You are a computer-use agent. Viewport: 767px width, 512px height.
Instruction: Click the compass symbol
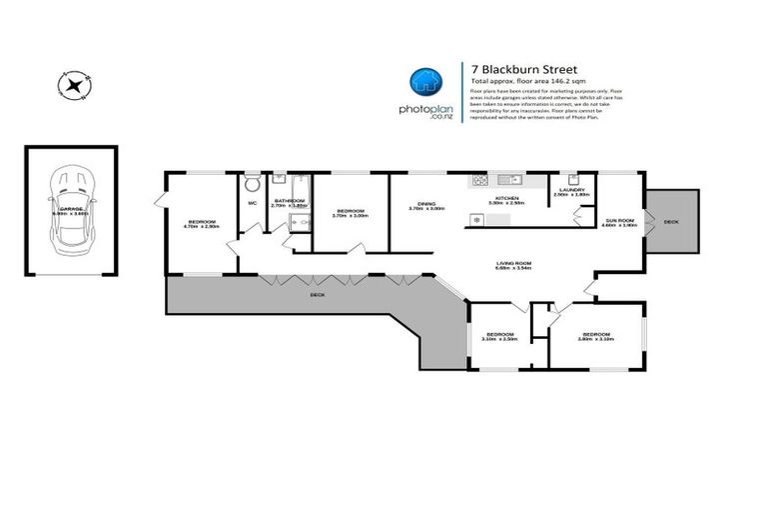tap(73, 84)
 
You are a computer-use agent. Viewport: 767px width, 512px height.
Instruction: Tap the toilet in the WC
tap(252, 185)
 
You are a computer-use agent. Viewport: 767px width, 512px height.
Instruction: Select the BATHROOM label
tap(290, 201)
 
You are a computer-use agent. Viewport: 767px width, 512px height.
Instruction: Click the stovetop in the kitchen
tap(479, 181)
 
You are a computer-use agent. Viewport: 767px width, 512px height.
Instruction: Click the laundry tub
tap(575, 179)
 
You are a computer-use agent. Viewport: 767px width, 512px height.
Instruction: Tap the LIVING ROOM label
tap(515, 265)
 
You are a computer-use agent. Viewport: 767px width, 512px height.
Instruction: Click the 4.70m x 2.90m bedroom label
tap(201, 223)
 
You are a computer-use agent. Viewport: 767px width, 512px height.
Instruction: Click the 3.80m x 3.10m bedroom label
tap(595, 336)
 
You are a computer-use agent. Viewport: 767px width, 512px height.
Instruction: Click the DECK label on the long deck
tap(317, 296)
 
